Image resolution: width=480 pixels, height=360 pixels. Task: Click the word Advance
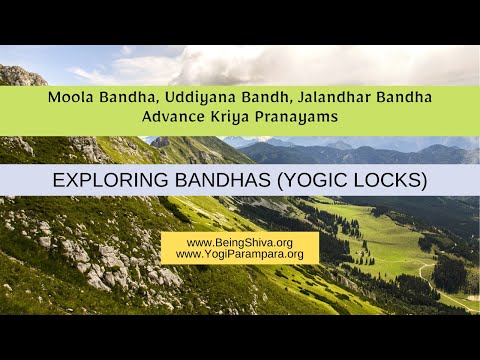173,117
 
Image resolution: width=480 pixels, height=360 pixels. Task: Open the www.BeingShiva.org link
239,242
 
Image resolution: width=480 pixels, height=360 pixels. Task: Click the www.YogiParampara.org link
239,255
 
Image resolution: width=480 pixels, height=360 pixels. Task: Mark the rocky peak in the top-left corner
20,74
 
